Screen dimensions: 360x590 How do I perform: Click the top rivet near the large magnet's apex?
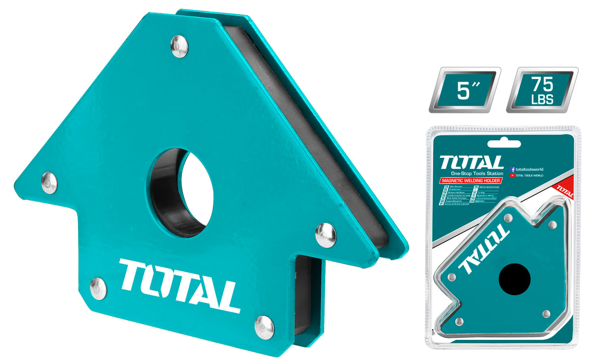click(179, 47)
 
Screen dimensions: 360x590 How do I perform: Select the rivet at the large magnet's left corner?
click(49, 182)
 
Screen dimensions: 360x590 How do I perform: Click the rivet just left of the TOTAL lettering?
click(98, 288)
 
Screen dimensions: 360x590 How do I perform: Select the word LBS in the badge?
click(542, 99)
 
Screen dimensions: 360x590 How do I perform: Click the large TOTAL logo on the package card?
click(472, 162)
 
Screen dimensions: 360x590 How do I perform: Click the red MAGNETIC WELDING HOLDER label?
click(471, 181)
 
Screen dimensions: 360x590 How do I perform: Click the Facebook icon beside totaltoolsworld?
click(513, 169)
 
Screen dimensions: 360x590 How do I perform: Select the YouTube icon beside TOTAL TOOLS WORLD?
click(513, 175)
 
